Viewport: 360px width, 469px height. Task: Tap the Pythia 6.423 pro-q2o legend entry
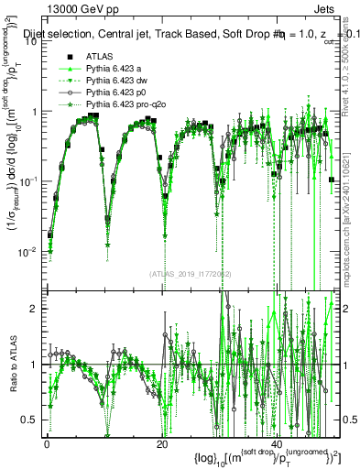click(125, 105)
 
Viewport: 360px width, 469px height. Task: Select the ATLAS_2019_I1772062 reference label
click(190, 273)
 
